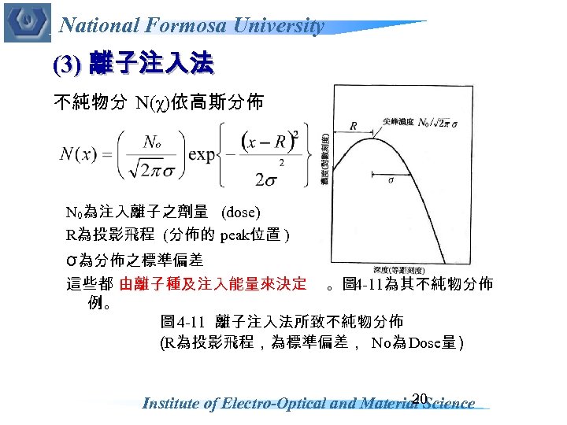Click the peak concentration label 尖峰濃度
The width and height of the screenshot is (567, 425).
(398, 121)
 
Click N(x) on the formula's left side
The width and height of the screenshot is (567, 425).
(79, 154)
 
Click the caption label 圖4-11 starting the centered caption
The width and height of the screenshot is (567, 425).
(182, 322)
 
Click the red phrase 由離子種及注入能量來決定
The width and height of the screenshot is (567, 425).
(213, 283)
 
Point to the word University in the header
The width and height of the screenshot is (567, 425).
(281, 25)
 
